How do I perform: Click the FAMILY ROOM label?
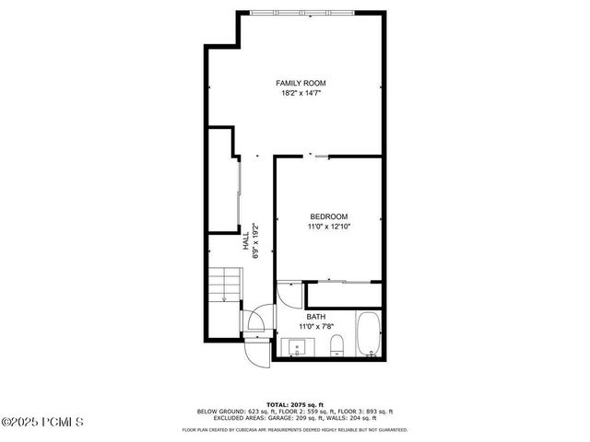coord(301,83)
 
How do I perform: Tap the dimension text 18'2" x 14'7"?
coord(301,93)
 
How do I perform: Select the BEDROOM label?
coord(328,216)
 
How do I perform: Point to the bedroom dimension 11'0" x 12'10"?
coord(328,227)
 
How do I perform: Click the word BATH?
coord(315,317)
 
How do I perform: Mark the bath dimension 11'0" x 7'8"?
coord(315,327)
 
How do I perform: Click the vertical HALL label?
coord(245,241)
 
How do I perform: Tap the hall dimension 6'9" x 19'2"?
coord(255,241)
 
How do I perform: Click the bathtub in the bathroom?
coord(368,335)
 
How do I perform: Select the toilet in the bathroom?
coord(336,346)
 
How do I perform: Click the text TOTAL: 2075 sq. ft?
coord(294,404)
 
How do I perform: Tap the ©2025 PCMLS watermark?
coord(42,423)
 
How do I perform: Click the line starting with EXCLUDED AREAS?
coord(294,417)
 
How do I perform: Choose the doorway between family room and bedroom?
coord(318,156)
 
